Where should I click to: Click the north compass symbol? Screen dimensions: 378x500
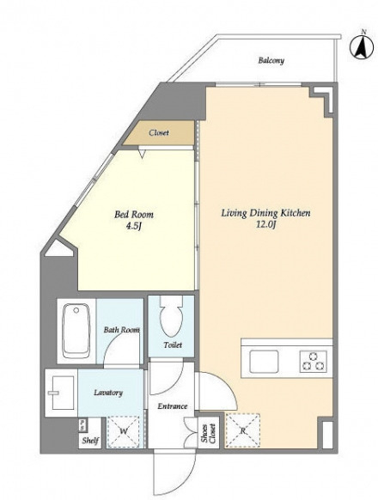tap(362, 47)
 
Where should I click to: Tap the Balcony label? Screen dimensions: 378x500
tap(271, 60)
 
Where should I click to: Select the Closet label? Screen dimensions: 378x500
tap(159, 132)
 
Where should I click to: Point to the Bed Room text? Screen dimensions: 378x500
tap(134, 214)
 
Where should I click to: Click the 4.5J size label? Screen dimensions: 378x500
tap(134, 226)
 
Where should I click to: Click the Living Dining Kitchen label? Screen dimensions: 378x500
tap(265, 213)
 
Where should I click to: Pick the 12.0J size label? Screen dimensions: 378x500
tap(265, 224)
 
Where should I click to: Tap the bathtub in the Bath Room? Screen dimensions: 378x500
tap(76, 331)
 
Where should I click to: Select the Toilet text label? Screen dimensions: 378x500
tap(173, 345)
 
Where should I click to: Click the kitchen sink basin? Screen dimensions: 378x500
tap(264, 362)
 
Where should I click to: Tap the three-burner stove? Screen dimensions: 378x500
tap(314, 362)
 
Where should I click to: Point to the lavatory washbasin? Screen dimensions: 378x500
tap(61, 393)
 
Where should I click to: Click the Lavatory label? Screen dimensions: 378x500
tap(108, 393)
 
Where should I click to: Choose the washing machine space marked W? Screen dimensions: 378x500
tap(124, 431)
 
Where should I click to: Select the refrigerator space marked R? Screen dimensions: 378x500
tap(242, 430)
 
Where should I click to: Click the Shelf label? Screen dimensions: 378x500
tap(90, 441)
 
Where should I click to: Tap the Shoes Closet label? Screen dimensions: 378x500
tap(209, 433)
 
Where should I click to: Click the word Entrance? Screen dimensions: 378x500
tap(173, 406)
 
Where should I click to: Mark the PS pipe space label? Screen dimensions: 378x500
tap(82, 424)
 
